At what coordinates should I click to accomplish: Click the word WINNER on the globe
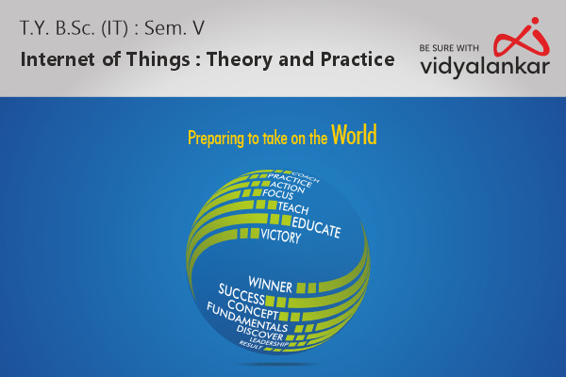(x=270, y=281)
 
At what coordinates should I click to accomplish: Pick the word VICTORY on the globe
(x=280, y=238)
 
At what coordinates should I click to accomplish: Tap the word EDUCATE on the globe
(x=316, y=224)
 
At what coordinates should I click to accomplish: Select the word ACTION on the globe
(x=288, y=186)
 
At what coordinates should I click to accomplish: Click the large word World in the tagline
(x=354, y=136)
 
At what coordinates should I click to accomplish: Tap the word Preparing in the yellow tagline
(x=215, y=139)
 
